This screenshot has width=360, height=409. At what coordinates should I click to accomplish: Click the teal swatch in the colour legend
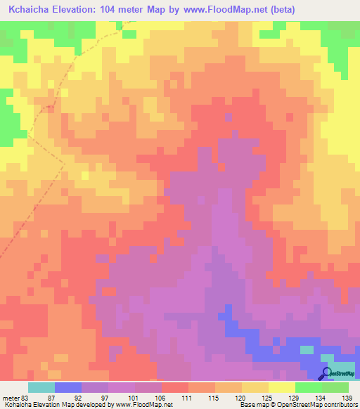[41, 387]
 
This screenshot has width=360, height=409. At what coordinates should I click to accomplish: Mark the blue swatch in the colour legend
[68, 387]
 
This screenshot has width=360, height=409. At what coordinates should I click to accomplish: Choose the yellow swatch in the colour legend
[282, 387]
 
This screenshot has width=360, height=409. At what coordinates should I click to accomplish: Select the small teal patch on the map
[307, 349]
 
